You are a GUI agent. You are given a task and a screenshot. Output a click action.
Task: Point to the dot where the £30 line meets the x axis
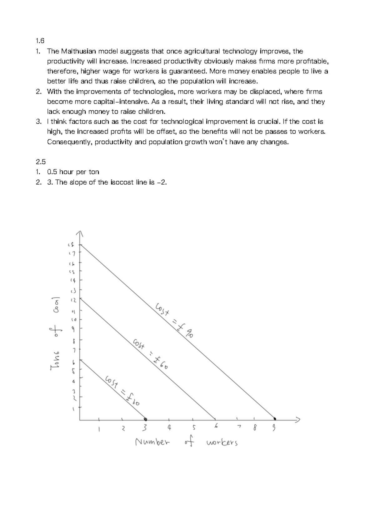tap(145, 419)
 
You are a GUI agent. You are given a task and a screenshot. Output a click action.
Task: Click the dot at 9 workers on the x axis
tap(275, 419)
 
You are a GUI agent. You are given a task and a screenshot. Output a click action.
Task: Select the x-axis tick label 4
tap(169, 427)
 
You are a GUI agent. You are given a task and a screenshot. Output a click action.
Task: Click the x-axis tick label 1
tap(99, 429)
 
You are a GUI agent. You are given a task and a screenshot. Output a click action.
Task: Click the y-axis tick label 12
tap(73, 300)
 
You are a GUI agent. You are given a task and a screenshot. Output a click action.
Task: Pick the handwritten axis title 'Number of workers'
tap(186, 442)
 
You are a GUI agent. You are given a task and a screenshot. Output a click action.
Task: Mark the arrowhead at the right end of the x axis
tap(298, 419)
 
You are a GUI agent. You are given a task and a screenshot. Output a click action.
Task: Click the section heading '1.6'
tap(40, 41)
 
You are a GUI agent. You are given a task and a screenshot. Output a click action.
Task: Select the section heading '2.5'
tap(41, 162)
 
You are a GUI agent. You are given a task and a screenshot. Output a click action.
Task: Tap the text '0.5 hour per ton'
tap(73, 172)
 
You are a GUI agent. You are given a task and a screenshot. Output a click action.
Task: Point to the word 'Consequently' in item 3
tap(69, 142)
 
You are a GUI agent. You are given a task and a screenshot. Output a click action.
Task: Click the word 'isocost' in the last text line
tap(122, 182)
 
